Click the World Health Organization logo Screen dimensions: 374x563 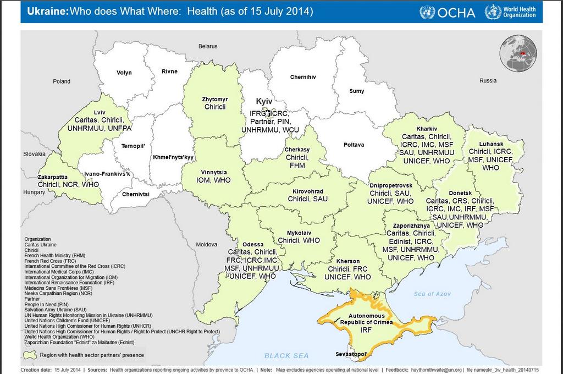[x=510, y=12]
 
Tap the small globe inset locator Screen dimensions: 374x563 [x=517, y=53]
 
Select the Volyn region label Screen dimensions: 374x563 [x=124, y=73]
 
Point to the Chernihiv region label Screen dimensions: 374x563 [x=303, y=77]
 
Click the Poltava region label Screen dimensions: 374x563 [x=354, y=145]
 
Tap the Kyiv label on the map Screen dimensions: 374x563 [x=264, y=102]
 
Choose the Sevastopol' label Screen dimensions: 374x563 [x=351, y=354]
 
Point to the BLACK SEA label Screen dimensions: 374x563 [x=286, y=356]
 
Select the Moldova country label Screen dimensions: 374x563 [x=207, y=244]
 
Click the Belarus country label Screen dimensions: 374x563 [x=208, y=46]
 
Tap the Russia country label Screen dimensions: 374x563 [x=488, y=81]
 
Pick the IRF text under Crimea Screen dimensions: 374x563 [x=366, y=330]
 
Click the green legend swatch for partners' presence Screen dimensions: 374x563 [x=30, y=355]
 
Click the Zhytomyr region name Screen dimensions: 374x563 [x=215, y=99]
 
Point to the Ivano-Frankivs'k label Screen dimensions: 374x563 [x=107, y=174]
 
